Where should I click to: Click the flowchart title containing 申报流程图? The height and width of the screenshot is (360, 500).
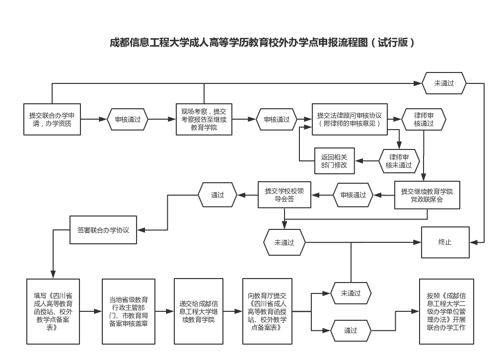click(262, 42)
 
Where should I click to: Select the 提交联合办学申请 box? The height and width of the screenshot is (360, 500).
click(52, 119)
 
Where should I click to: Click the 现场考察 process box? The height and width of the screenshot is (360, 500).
click(204, 119)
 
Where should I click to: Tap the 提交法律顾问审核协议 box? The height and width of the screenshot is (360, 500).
click(350, 119)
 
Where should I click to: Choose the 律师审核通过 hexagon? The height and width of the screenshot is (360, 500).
click(424, 119)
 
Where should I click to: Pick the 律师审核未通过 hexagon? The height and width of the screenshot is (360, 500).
click(399, 161)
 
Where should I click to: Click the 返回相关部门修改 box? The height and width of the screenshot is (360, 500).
click(335, 161)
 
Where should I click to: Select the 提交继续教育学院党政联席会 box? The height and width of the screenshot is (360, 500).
click(427, 195)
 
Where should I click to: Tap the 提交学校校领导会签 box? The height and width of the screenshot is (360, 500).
click(284, 195)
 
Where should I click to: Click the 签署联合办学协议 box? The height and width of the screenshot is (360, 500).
click(103, 230)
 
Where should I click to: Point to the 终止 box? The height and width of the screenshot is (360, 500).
click(445, 242)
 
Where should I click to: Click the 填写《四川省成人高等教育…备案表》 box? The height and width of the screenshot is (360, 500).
click(53, 311)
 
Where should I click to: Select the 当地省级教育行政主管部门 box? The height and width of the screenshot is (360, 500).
click(128, 311)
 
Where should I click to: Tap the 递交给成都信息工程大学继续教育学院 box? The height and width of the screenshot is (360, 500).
click(198, 311)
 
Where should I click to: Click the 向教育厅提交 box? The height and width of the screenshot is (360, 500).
click(267, 311)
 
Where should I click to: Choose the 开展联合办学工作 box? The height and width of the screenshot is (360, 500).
click(446, 311)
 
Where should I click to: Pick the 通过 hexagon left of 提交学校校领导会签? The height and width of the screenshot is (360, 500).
click(217, 195)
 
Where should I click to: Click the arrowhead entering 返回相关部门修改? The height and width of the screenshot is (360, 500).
click(358, 161)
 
